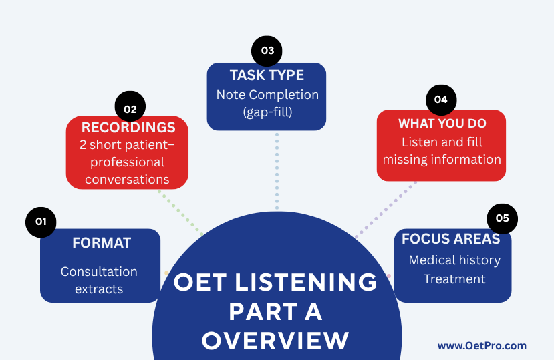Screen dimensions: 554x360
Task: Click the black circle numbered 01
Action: pyautogui.click(x=41, y=222)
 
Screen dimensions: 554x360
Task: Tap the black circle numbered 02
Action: pyautogui.click(x=130, y=106)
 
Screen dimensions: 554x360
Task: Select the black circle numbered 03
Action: pyautogui.click(x=267, y=51)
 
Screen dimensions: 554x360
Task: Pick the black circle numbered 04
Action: pyautogui.click(x=441, y=100)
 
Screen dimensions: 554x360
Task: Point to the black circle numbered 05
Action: pyautogui.click(x=503, y=218)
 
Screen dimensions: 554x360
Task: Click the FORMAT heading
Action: pyautogui.click(x=102, y=243)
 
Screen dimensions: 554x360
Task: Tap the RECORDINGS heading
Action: pyautogui.click(x=128, y=128)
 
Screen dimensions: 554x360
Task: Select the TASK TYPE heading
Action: pyautogui.click(x=267, y=75)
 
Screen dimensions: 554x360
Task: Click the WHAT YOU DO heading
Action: pyautogui.click(x=442, y=124)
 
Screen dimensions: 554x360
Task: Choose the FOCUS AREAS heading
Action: pyautogui.click(x=451, y=239)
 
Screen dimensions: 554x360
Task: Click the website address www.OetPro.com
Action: pyautogui.click(x=482, y=345)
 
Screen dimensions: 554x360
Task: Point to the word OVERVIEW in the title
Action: pyautogui.click(x=275, y=341)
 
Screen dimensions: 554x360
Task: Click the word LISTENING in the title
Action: pyautogui.click(x=306, y=282)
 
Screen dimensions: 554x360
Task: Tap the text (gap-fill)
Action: pyautogui.click(x=267, y=112)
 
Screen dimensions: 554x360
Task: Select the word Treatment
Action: pyautogui.click(x=454, y=279)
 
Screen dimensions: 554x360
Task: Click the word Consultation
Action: pyautogui.click(x=99, y=272)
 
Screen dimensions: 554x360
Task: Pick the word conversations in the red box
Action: pyautogui.click(x=127, y=180)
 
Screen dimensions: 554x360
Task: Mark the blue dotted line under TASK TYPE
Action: pyautogui.click(x=277, y=172)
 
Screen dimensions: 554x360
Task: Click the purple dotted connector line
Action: pyautogui.click(x=386, y=210)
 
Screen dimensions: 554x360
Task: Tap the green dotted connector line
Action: pyautogui.click(x=180, y=213)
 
